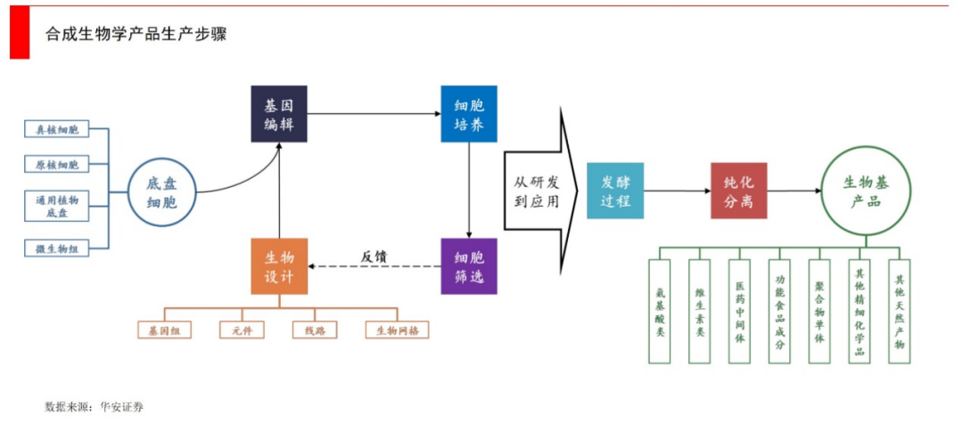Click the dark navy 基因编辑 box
279,114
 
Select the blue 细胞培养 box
469,114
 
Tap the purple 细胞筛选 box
469,266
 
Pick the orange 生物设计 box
279,266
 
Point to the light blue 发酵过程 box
615,191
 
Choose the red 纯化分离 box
738,191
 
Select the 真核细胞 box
57,130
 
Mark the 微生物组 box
57,249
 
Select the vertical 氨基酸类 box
660,311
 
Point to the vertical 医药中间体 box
739,311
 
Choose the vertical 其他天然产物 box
899,311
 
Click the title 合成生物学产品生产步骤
136,35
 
